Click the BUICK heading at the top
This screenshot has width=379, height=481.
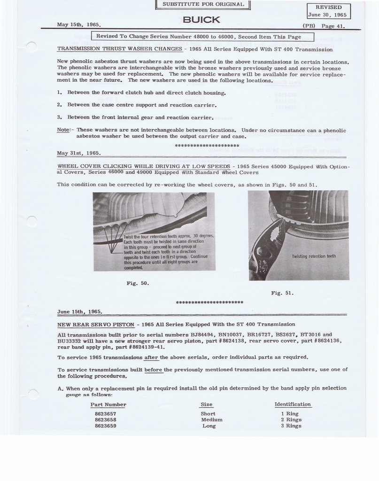(201, 20)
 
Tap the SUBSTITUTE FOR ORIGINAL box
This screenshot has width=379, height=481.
(203, 5)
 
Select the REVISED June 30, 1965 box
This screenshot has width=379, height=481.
(328, 11)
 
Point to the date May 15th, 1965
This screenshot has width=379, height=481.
(79, 24)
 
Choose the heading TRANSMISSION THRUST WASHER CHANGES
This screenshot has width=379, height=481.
(119, 49)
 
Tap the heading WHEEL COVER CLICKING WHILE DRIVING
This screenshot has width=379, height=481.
(143, 166)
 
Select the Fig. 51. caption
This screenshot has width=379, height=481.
(282, 293)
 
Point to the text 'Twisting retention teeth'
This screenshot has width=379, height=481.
(314, 256)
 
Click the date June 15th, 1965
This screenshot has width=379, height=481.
(79, 311)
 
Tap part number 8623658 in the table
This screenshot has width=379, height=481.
(105, 419)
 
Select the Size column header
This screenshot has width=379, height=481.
(206, 404)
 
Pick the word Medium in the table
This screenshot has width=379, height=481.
(211, 419)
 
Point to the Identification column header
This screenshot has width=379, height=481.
(293, 404)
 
